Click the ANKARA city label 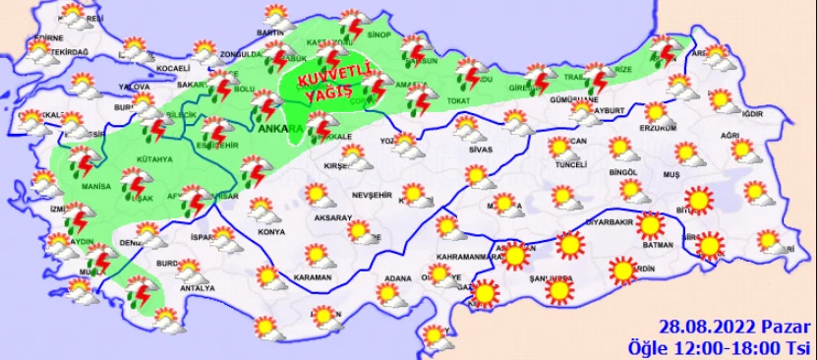(x=275, y=128)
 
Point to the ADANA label (x=397, y=278)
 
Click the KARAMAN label (x=313, y=278)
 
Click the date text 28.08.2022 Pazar (x=734, y=328)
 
